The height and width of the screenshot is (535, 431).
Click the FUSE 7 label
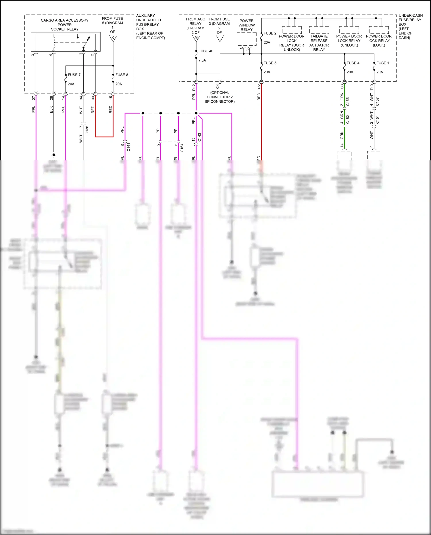(74, 75)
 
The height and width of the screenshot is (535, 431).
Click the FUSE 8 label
(122, 75)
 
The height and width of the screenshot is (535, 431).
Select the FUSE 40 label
(206, 51)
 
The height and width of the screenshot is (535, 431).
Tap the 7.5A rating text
(202, 60)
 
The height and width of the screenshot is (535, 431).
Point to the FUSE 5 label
(270, 63)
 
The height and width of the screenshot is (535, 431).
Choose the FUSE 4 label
(353, 63)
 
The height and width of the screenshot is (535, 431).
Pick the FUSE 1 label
(382, 63)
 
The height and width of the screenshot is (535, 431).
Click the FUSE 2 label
(270, 33)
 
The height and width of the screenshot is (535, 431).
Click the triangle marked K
(113, 38)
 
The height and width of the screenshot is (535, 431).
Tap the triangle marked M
(196, 38)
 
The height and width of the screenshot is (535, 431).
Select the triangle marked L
(220, 38)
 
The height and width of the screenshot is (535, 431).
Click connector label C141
(128, 147)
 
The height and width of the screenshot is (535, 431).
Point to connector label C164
(182, 148)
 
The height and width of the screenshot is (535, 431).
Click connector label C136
(87, 130)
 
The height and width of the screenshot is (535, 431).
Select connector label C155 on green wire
(348, 101)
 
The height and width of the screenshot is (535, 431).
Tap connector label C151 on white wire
(378, 119)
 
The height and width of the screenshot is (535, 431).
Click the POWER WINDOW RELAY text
(247, 25)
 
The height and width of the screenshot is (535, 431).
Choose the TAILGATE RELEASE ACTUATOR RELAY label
(319, 43)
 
